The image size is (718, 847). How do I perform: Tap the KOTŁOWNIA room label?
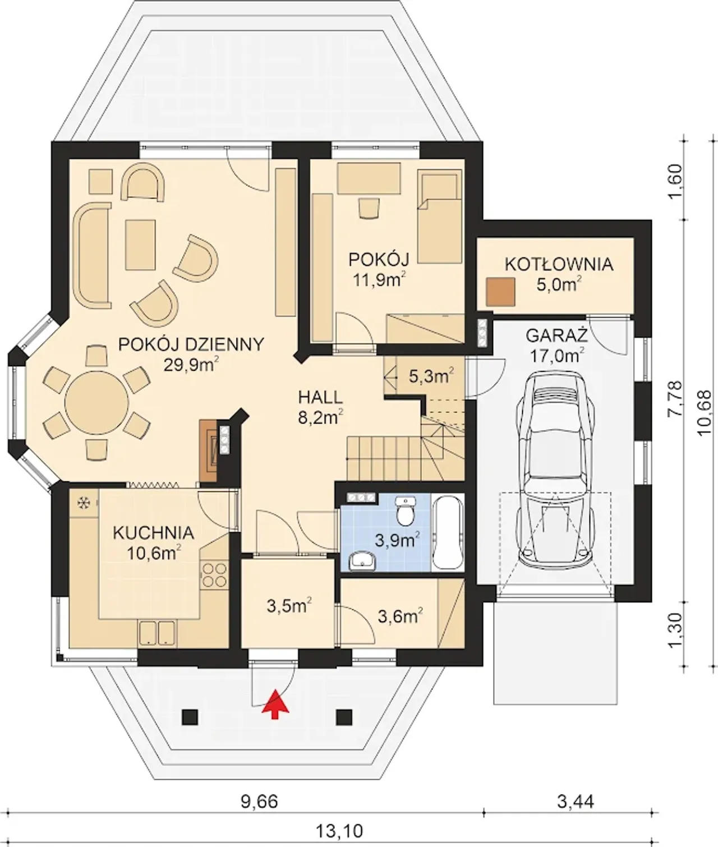559,265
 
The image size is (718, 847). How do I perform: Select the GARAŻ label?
556,335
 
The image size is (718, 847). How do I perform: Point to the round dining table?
96,403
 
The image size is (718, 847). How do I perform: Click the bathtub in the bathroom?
448,532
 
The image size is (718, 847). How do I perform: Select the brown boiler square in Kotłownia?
500,292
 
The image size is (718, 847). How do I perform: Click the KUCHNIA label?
154,533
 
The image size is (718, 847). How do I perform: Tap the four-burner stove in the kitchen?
214,575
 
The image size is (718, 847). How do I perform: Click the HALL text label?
320,398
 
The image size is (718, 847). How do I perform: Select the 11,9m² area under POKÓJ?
380,280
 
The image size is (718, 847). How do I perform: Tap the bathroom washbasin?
362,560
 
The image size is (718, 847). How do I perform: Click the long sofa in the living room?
92,255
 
